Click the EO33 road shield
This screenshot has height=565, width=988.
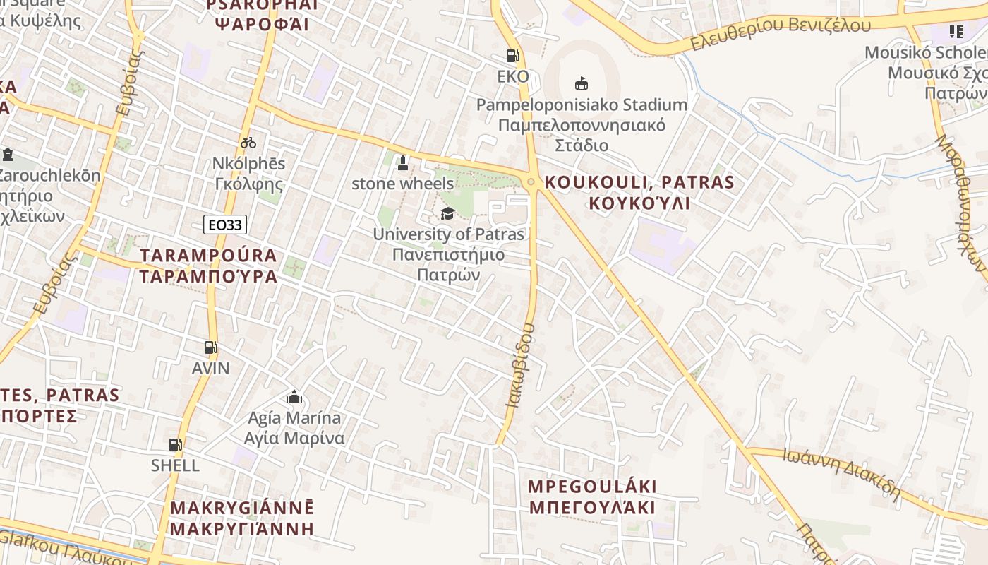[225, 225]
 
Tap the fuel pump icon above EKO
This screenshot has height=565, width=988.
[512, 56]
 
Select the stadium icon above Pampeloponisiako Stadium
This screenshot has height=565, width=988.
[581, 84]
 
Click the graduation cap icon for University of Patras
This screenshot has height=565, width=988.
[447, 213]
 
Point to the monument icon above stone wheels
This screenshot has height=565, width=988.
[402, 163]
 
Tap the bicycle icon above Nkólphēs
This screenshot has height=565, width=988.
[248, 143]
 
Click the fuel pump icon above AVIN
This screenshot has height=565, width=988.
[210, 347]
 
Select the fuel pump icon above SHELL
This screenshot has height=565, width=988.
[175, 445]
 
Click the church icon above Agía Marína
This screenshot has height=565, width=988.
[294, 397]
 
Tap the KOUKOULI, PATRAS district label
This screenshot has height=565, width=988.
[639, 182]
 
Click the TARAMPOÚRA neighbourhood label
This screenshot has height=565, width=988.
[208, 256]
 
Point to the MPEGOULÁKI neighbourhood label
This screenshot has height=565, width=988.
[593, 487]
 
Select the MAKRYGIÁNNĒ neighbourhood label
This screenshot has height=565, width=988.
[242, 508]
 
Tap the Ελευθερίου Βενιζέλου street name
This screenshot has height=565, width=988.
[781, 34]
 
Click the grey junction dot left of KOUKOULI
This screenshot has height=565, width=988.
[531, 182]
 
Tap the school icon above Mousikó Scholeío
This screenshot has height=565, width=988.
[956, 31]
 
